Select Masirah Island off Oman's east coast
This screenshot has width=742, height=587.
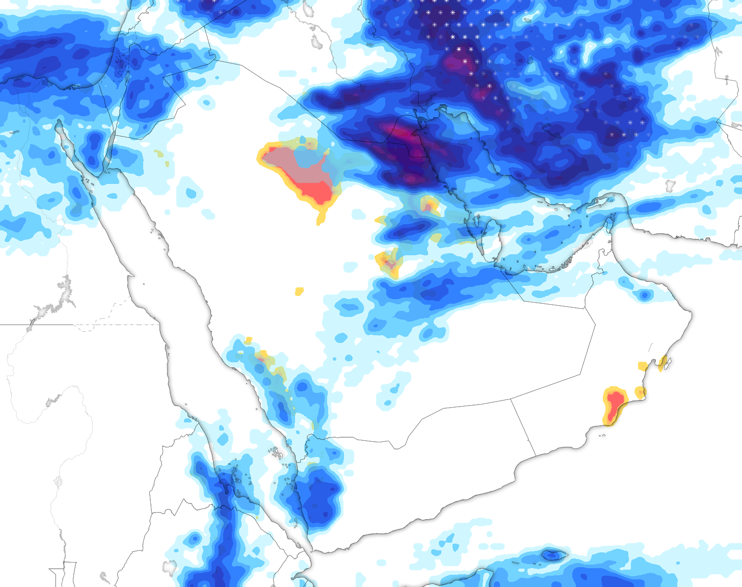[664, 363]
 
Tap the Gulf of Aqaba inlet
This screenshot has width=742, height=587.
[109, 153]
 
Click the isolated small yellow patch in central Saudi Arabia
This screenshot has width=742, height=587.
[299, 291]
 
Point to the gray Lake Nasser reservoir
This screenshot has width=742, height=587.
[64, 290]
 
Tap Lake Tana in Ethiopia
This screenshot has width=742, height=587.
[169, 566]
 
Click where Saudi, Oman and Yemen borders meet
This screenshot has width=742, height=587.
[511, 399]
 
